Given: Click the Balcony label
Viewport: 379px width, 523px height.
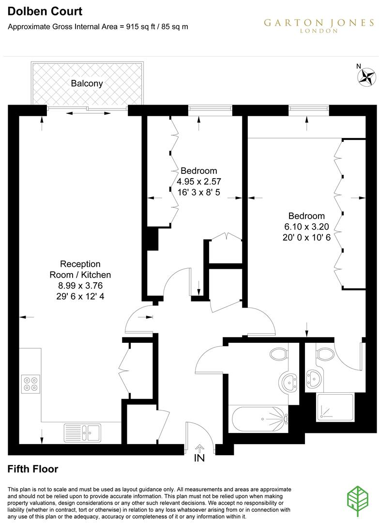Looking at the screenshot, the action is pyautogui.click(x=87, y=83).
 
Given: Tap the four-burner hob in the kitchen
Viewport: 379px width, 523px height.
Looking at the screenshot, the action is pyautogui.click(x=30, y=384).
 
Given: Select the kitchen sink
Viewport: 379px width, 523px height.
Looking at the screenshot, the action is pyautogui.click(x=82, y=432).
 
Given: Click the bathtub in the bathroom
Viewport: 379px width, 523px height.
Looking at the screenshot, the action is pyautogui.click(x=258, y=419).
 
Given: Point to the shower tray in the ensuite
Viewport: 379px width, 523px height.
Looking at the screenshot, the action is pyautogui.click(x=335, y=407).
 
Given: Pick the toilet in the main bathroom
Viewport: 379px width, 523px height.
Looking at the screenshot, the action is pyautogui.click(x=279, y=354).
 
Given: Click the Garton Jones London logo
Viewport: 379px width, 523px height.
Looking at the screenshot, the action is pyautogui.click(x=319, y=25).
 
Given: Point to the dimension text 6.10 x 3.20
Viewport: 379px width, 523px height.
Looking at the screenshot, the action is pyautogui.click(x=306, y=227).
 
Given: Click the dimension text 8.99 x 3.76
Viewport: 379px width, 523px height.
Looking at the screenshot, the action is pyautogui.click(x=80, y=286).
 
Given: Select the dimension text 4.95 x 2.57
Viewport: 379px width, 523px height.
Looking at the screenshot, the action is pyautogui.click(x=198, y=182).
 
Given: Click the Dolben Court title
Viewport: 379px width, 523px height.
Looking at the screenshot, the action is pyautogui.click(x=45, y=11).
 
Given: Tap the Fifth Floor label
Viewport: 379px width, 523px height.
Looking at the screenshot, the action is pyautogui.click(x=33, y=469).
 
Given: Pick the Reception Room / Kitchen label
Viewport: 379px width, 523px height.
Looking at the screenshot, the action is pyautogui.click(x=80, y=269).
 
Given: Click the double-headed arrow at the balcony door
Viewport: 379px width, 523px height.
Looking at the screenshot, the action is pyautogui.click(x=88, y=114).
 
